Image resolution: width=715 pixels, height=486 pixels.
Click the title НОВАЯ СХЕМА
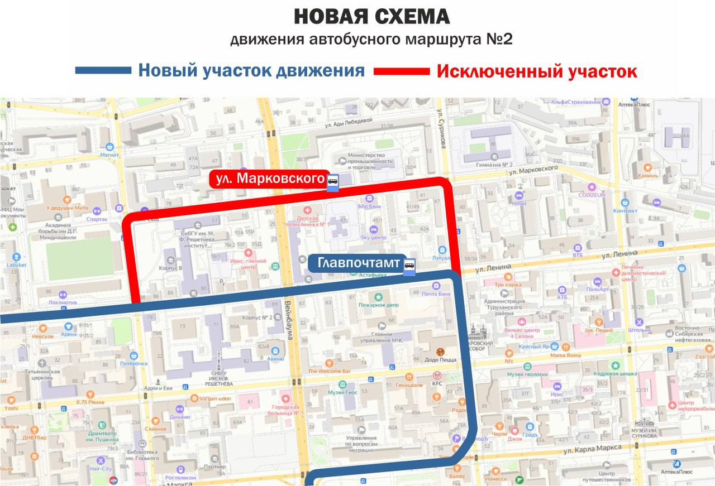pos(371,17)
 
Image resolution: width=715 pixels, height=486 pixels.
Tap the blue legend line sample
pos(103,71)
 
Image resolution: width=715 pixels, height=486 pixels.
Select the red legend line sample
pos(402,71)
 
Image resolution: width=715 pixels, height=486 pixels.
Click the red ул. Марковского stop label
pos(268,179)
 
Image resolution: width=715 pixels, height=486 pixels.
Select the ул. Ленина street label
pos(619,255)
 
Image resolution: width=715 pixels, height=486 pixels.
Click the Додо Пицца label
pos(441,360)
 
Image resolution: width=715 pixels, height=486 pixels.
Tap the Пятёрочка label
pos(134,363)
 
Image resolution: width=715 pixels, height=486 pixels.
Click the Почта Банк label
pos(436,294)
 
